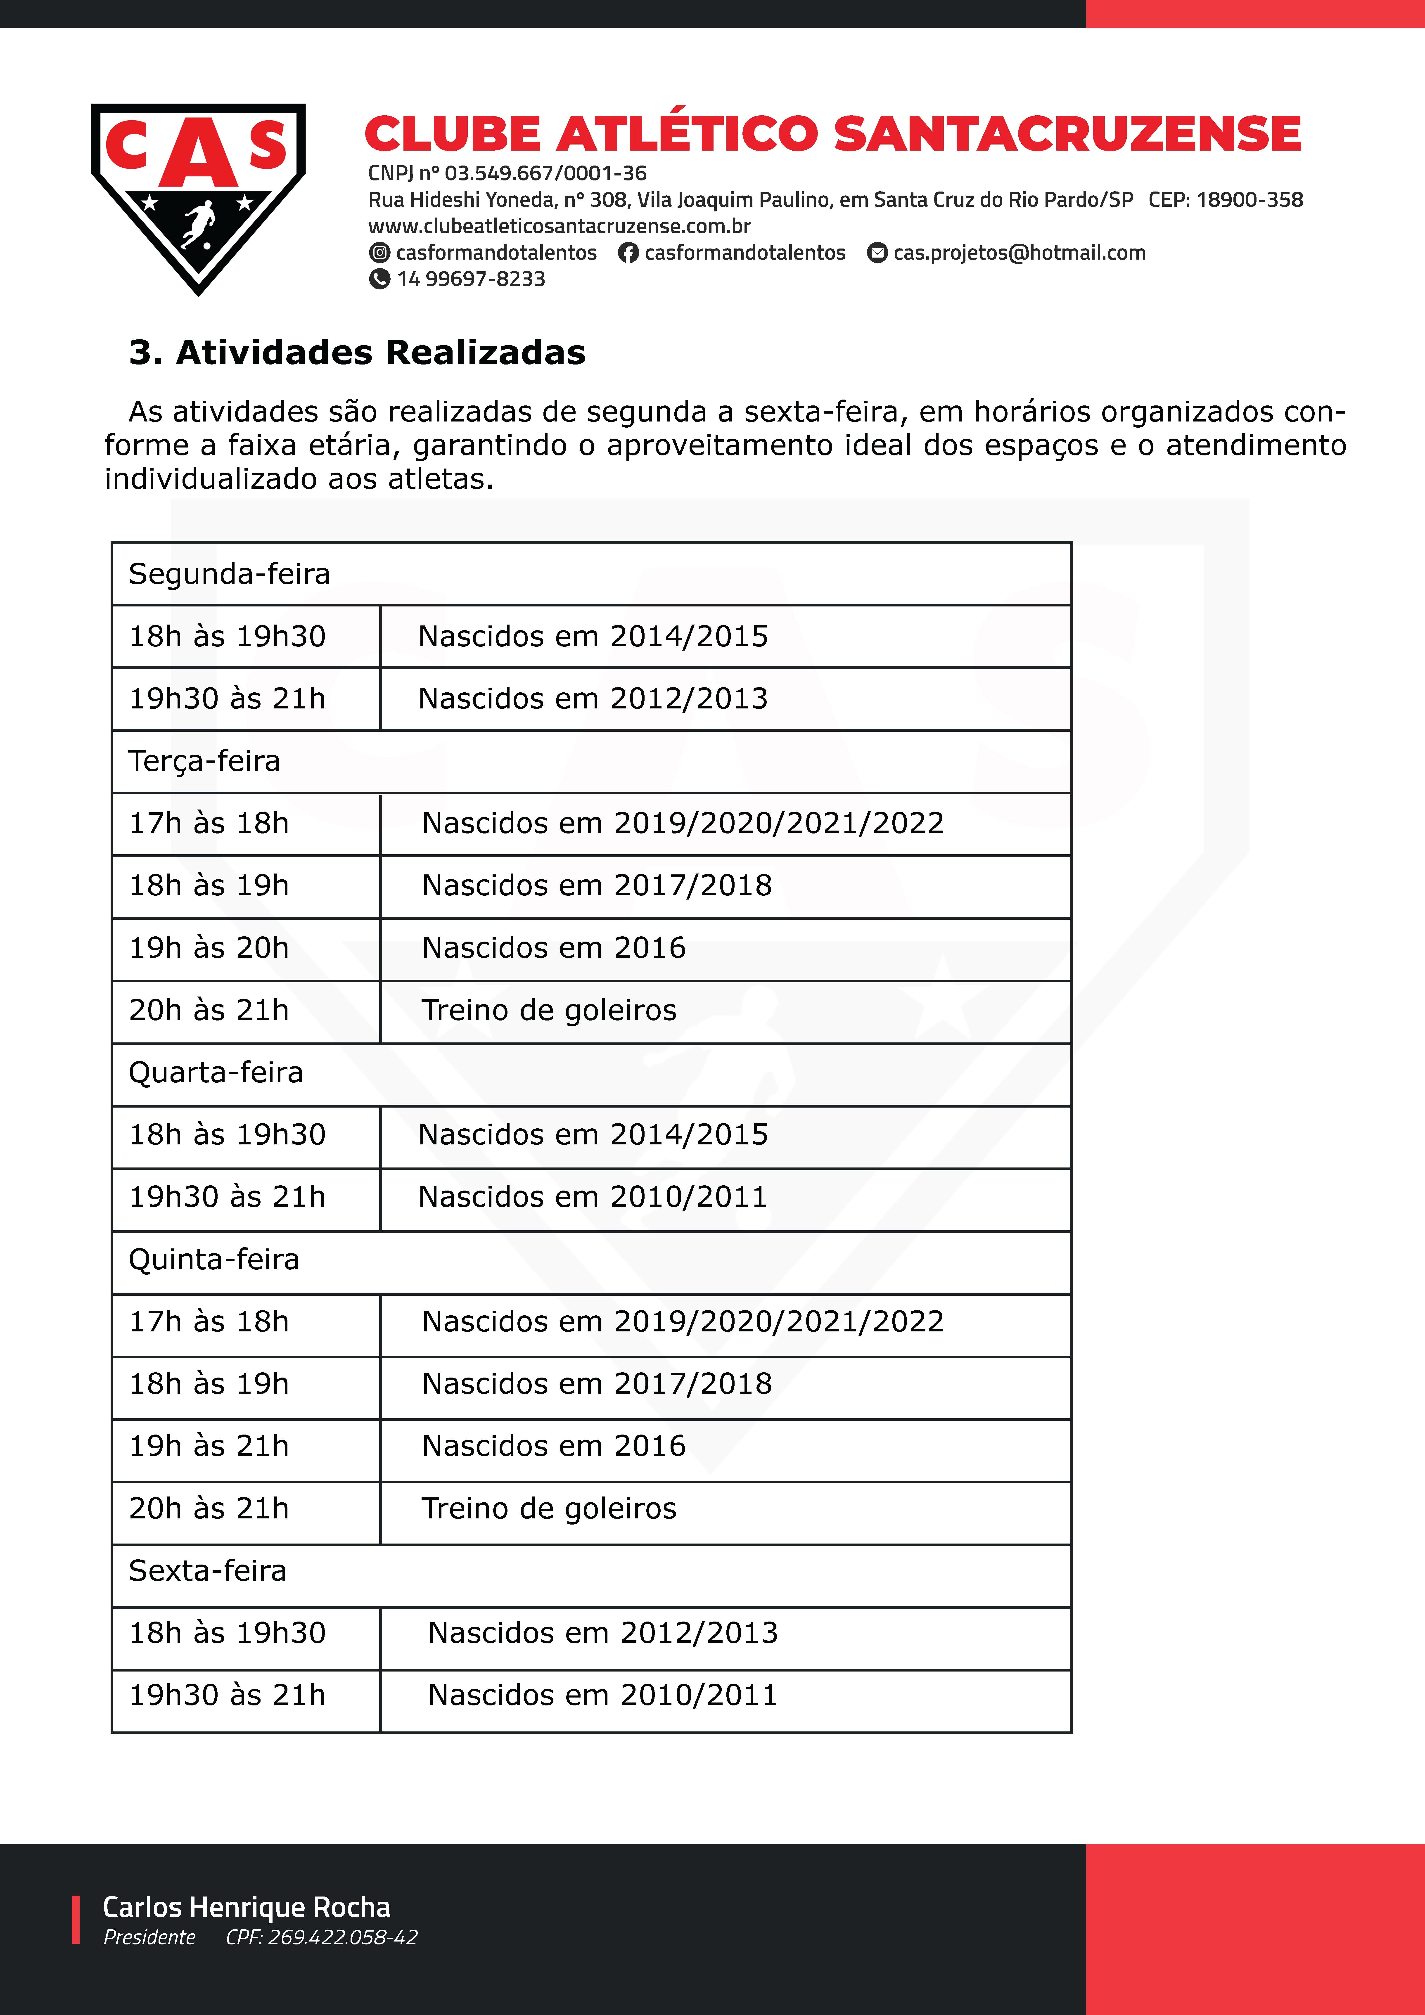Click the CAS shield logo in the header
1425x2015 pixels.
198,197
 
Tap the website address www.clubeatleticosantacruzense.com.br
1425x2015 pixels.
559,226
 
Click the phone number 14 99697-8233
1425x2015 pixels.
470,279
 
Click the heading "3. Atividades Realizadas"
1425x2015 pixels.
357,353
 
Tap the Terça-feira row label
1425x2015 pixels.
204,761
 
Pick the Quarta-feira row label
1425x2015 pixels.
216,1073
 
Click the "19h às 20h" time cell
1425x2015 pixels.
209,948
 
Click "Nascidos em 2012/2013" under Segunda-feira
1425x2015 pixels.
593,699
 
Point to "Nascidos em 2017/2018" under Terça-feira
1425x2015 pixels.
597,886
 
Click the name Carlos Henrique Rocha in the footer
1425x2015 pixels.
247,1907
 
